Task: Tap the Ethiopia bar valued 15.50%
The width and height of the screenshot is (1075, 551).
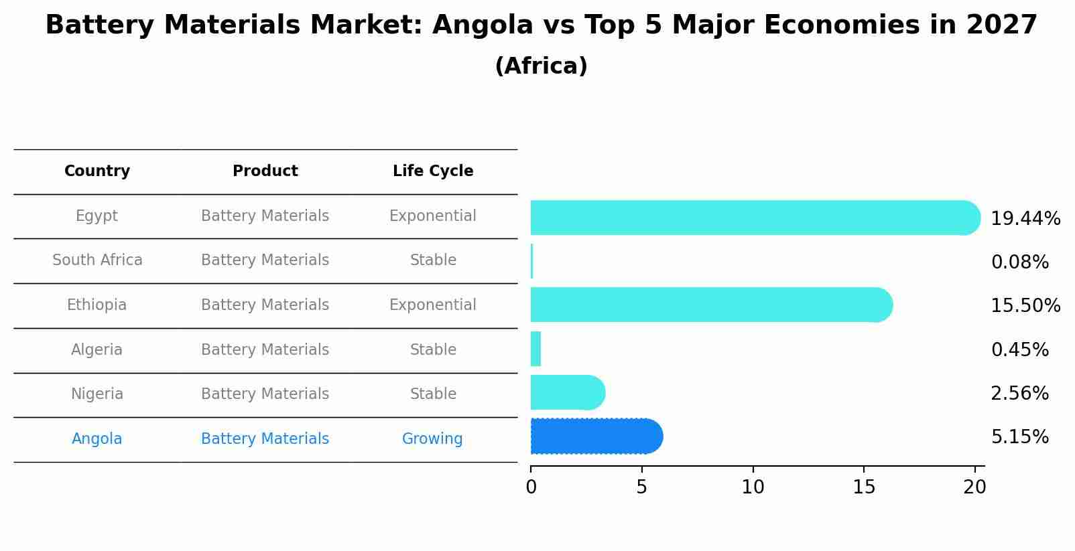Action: pyautogui.click(x=710, y=305)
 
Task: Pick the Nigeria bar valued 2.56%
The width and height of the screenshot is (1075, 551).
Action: pyautogui.click(x=567, y=392)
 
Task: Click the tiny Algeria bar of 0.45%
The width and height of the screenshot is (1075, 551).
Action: pyautogui.click(x=535, y=349)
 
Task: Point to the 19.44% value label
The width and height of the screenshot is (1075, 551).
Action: pyautogui.click(x=1025, y=219)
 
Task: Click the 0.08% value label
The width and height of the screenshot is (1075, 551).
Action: pyautogui.click(x=1019, y=262)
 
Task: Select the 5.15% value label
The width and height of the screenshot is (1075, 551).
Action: pyautogui.click(x=1019, y=437)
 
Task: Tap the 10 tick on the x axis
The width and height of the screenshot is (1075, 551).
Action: pyautogui.click(x=753, y=487)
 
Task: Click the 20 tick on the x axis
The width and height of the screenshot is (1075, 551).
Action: pyautogui.click(x=974, y=487)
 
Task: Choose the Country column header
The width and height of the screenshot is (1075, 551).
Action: pyautogui.click(x=97, y=171)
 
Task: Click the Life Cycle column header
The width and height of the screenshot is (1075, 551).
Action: pyautogui.click(x=433, y=171)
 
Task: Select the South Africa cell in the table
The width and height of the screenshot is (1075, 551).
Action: pyautogui.click(x=97, y=260)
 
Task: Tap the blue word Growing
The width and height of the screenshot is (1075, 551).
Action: pyautogui.click(x=432, y=439)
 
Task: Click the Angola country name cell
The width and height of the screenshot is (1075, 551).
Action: pyautogui.click(x=97, y=439)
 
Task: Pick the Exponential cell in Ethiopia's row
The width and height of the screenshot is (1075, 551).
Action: pyautogui.click(x=432, y=305)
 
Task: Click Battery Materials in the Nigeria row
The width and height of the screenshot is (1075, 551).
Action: pyautogui.click(x=265, y=394)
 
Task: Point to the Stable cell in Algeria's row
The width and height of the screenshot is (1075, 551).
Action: pyautogui.click(x=433, y=350)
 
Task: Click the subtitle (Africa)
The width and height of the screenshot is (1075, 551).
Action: pyautogui.click(x=541, y=66)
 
